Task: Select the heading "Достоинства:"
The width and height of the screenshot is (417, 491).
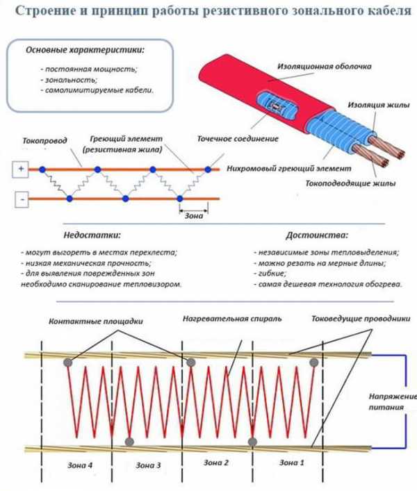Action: tap(317, 235)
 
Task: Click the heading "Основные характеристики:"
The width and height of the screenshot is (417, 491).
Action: tap(85, 51)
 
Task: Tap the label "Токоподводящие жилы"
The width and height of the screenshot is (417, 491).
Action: tap(351, 184)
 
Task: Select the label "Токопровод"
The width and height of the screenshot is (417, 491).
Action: tap(44, 140)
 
